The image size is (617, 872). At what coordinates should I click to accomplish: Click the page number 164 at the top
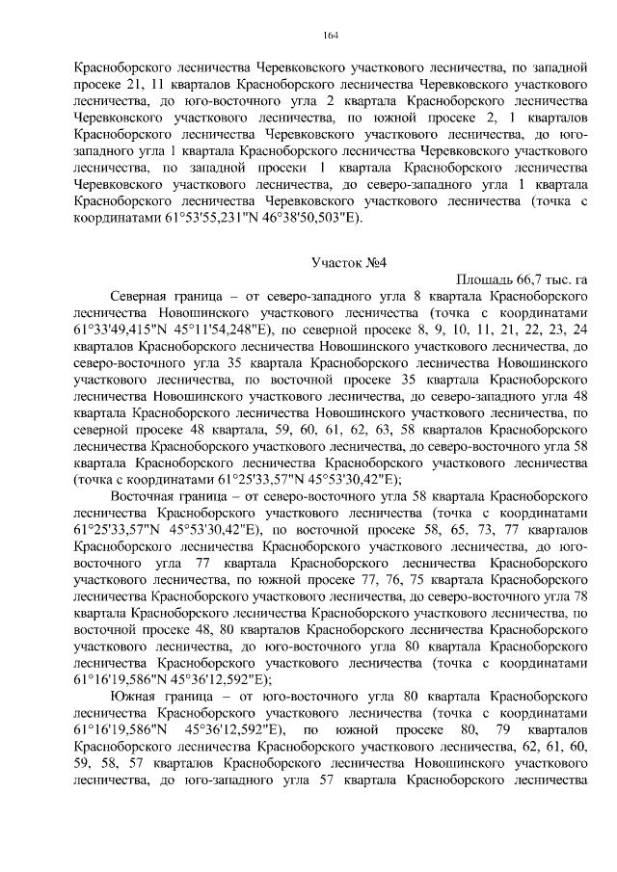pos(330,36)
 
